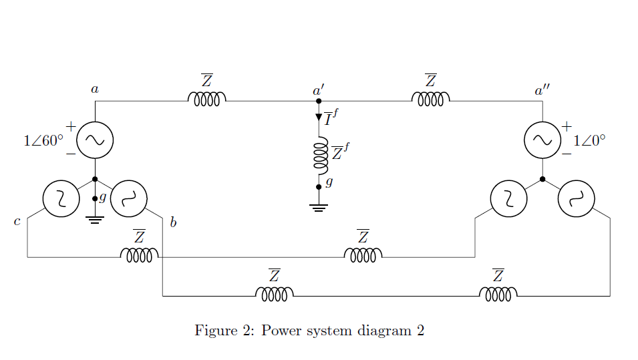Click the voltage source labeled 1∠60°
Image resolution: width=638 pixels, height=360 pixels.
[x=95, y=140]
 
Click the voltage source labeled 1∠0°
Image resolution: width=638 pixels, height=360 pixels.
[x=542, y=140]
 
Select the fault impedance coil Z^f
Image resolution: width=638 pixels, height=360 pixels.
[x=320, y=156]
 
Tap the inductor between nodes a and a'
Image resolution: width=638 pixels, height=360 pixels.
[x=206, y=100]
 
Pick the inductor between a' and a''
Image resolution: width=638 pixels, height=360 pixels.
[x=430, y=100]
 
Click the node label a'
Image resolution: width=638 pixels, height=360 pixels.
[x=319, y=89]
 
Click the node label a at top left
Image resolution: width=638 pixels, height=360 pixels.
[x=95, y=89]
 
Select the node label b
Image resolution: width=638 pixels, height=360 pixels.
[x=173, y=222]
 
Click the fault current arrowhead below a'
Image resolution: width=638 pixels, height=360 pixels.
[x=319, y=118]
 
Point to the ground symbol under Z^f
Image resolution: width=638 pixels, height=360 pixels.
[x=319, y=208]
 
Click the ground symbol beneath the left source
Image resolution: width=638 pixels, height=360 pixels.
[x=95, y=220]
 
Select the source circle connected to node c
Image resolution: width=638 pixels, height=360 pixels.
[x=61, y=198]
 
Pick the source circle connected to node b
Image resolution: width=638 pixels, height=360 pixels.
[x=128, y=198]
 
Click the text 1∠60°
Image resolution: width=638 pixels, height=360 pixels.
[x=43, y=141]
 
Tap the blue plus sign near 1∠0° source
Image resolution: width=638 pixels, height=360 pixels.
[x=567, y=126]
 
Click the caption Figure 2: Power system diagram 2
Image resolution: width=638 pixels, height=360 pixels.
[x=309, y=331]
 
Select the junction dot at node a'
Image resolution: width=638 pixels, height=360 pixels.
[x=319, y=101]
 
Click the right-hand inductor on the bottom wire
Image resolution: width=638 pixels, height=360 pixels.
[x=498, y=295]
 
